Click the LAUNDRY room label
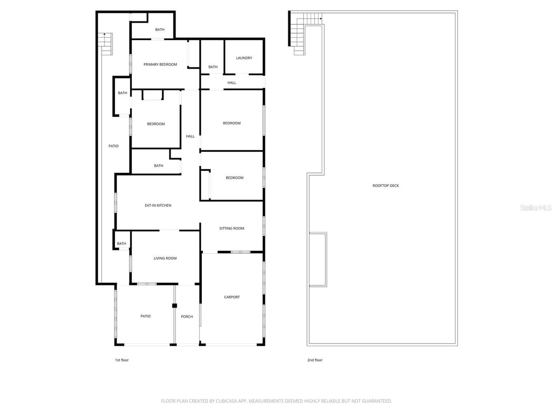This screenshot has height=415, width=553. pos(244,58)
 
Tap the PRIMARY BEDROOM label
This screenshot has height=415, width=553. pos(160,65)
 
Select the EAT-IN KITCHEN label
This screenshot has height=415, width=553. pos(158,205)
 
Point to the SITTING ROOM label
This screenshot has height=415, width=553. pos(231,228)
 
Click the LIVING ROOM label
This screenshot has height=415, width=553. pos(165,258)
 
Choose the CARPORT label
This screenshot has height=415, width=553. pos(232,297)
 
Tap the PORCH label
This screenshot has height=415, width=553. pos(187,316)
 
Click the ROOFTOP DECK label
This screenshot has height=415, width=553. pos(385,186)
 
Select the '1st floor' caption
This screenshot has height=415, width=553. pos(122,360)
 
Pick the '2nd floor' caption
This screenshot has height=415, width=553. pos(315,360)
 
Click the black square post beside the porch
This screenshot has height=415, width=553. pos(174,306)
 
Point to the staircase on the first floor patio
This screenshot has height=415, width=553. pos(106,44)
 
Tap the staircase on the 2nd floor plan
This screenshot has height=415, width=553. pos(305,33)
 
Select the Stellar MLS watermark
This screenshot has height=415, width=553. pos(535,207)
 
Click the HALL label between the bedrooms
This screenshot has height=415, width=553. pos(190,136)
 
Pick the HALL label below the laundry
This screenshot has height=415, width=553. pos(231,83)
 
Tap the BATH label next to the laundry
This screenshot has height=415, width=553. pos(213,67)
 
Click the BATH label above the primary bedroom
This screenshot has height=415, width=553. pos(160,30)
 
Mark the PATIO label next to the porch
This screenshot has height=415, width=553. pos(145,316)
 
